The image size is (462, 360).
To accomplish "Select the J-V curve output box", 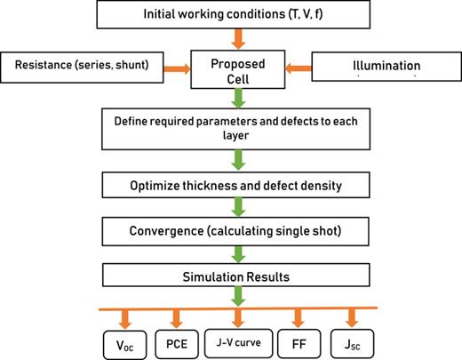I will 237,339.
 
